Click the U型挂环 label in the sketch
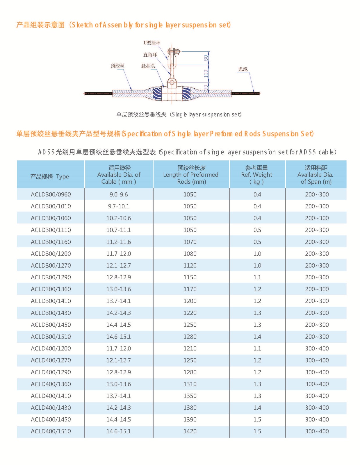pos(152,43)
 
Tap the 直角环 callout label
pos(150,55)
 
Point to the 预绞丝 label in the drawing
pos(117,66)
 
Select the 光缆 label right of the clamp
pos(243,69)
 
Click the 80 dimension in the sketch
pos(206,58)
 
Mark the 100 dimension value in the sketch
pos(206,74)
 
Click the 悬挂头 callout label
pos(148,66)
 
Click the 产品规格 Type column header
pos(50,177)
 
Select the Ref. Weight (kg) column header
pos(257,175)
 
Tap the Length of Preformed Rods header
pos(191,175)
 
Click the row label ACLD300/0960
pos(51,194)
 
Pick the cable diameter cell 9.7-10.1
pos(119,206)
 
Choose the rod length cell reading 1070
pos(190,242)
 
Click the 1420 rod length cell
pos(190,431)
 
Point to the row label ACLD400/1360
pos(51,384)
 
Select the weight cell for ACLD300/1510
pos(257,337)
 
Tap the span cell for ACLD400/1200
pos(317,348)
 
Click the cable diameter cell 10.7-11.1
pos(119,230)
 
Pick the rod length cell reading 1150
pos(190,277)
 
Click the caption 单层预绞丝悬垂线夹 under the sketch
pos(141,115)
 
